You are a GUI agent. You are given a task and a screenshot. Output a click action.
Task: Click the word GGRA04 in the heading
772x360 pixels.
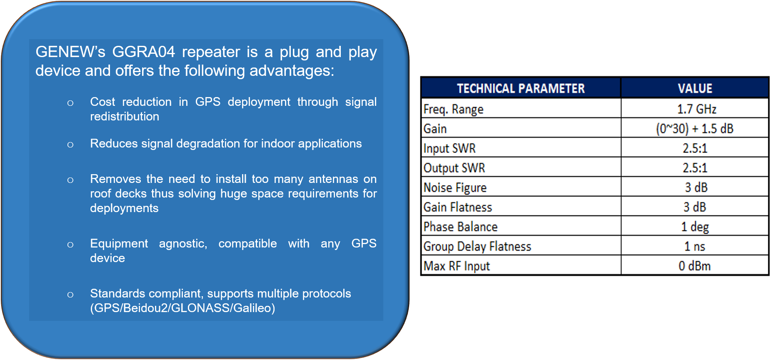tap(143, 52)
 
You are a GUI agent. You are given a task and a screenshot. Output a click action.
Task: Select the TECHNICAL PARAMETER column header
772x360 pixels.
tap(521, 88)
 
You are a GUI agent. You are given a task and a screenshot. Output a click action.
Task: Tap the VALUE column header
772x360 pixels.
tap(695, 88)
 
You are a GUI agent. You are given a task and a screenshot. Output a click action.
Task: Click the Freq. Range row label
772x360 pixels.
tap(453, 109)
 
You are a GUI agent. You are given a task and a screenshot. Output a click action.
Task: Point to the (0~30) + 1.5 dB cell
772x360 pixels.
tap(695, 129)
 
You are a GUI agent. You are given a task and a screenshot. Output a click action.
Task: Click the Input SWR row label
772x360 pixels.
tap(450, 148)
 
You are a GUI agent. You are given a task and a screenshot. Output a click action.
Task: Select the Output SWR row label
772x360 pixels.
tap(454, 168)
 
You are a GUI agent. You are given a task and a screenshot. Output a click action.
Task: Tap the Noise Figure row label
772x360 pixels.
tap(455, 187)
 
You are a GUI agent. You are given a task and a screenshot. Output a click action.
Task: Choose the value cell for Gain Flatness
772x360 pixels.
tap(695, 207)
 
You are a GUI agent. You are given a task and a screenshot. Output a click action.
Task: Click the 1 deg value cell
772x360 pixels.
tap(695, 227)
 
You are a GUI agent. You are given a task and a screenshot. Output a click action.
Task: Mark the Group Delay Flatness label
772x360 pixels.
tap(477, 246)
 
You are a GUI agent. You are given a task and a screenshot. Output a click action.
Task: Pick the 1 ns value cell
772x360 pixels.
tap(695, 246)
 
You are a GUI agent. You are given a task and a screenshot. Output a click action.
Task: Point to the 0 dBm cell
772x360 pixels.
tap(695, 266)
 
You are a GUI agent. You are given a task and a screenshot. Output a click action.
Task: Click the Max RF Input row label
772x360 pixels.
tap(457, 266)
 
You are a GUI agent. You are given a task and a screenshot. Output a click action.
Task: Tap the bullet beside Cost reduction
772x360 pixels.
tap(70, 103)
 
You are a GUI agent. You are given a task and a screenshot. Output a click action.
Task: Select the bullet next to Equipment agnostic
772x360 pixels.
tap(70, 245)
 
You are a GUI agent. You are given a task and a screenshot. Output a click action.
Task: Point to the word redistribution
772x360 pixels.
tap(125, 116)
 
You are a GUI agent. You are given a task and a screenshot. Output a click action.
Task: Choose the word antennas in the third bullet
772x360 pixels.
tap(333, 179)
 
